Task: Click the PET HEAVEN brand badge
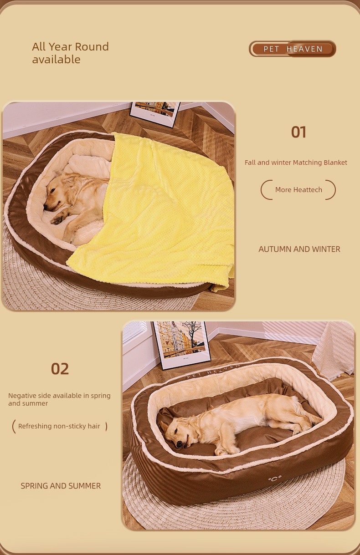coord(293,49)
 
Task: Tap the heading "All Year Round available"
coord(71,53)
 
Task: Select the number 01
coord(298,132)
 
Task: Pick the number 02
coord(60,369)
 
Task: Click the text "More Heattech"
coord(298,190)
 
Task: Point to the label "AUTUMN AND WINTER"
coord(299,249)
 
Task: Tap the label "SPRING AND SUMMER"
coord(61,486)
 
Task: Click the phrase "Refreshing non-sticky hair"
coord(59,426)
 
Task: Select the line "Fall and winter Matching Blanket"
coord(296,163)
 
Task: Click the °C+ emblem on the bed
coord(275,479)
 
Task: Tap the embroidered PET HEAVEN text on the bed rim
coord(213,371)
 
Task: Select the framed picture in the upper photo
coord(155,113)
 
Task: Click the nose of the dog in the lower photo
coord(179,445)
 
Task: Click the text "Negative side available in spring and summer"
coord(59,399)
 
